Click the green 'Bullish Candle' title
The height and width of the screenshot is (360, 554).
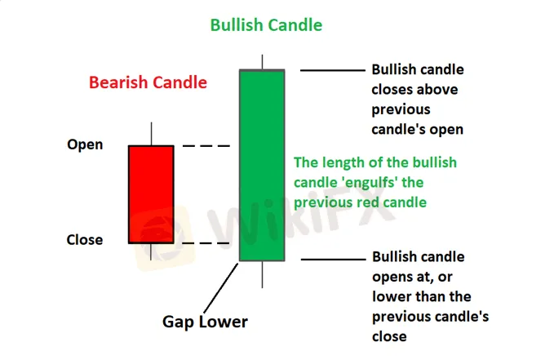pyautogui.click(x=266, y=25)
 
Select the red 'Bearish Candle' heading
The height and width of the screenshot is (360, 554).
pyautogui.click(x=148, y=82)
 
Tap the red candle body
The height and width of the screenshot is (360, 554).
pyautogui.click(x=151, y=194)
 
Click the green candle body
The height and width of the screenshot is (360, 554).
pyautogui.click(x=262, y=165)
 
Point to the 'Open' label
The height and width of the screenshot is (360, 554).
pyautogui.click(x=85, y=145)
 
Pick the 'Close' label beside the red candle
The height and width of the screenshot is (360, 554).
pyautogui.click(x=85, y=240)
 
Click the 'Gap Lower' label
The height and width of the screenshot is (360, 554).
pyautogui.click(x=205, y=322)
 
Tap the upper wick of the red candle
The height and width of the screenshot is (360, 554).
pyautogui.click(x=152, y=134)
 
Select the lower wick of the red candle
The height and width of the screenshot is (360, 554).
pyautogui.click(x=151, y=251)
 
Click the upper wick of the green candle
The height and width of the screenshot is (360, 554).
pyautogui.click(x=262, y=62)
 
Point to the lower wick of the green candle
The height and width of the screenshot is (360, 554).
pyautogui.click(x=262, y=274)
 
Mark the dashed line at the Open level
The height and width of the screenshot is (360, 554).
pyautogui.click(x=206, y=145)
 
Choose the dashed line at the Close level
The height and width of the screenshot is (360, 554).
pyautogui.click(x=206, y=243)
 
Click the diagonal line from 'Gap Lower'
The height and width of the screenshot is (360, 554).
pyautogui.click(x=221, y=288)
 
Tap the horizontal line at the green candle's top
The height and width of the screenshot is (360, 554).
pyautogui.click(x=332, y=70)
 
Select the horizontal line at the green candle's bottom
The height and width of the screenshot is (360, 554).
pyautogui.click(x=333, y=260)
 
